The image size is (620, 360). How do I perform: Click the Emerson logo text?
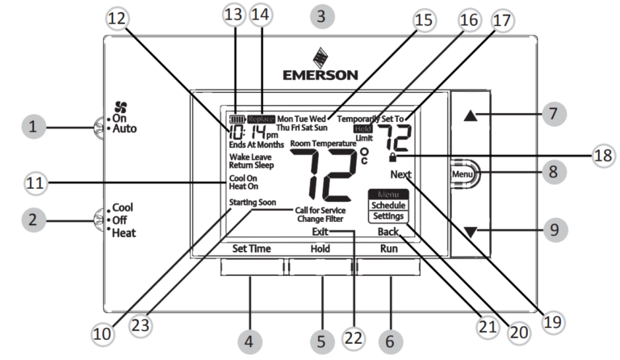pos(320,75)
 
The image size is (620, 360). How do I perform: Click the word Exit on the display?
pos(322,232)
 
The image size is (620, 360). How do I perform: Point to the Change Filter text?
pos(320,219)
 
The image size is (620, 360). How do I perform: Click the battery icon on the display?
pos(237,118)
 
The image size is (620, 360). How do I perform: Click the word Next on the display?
pos(400,174)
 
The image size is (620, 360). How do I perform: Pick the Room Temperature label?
pos(323,143)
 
